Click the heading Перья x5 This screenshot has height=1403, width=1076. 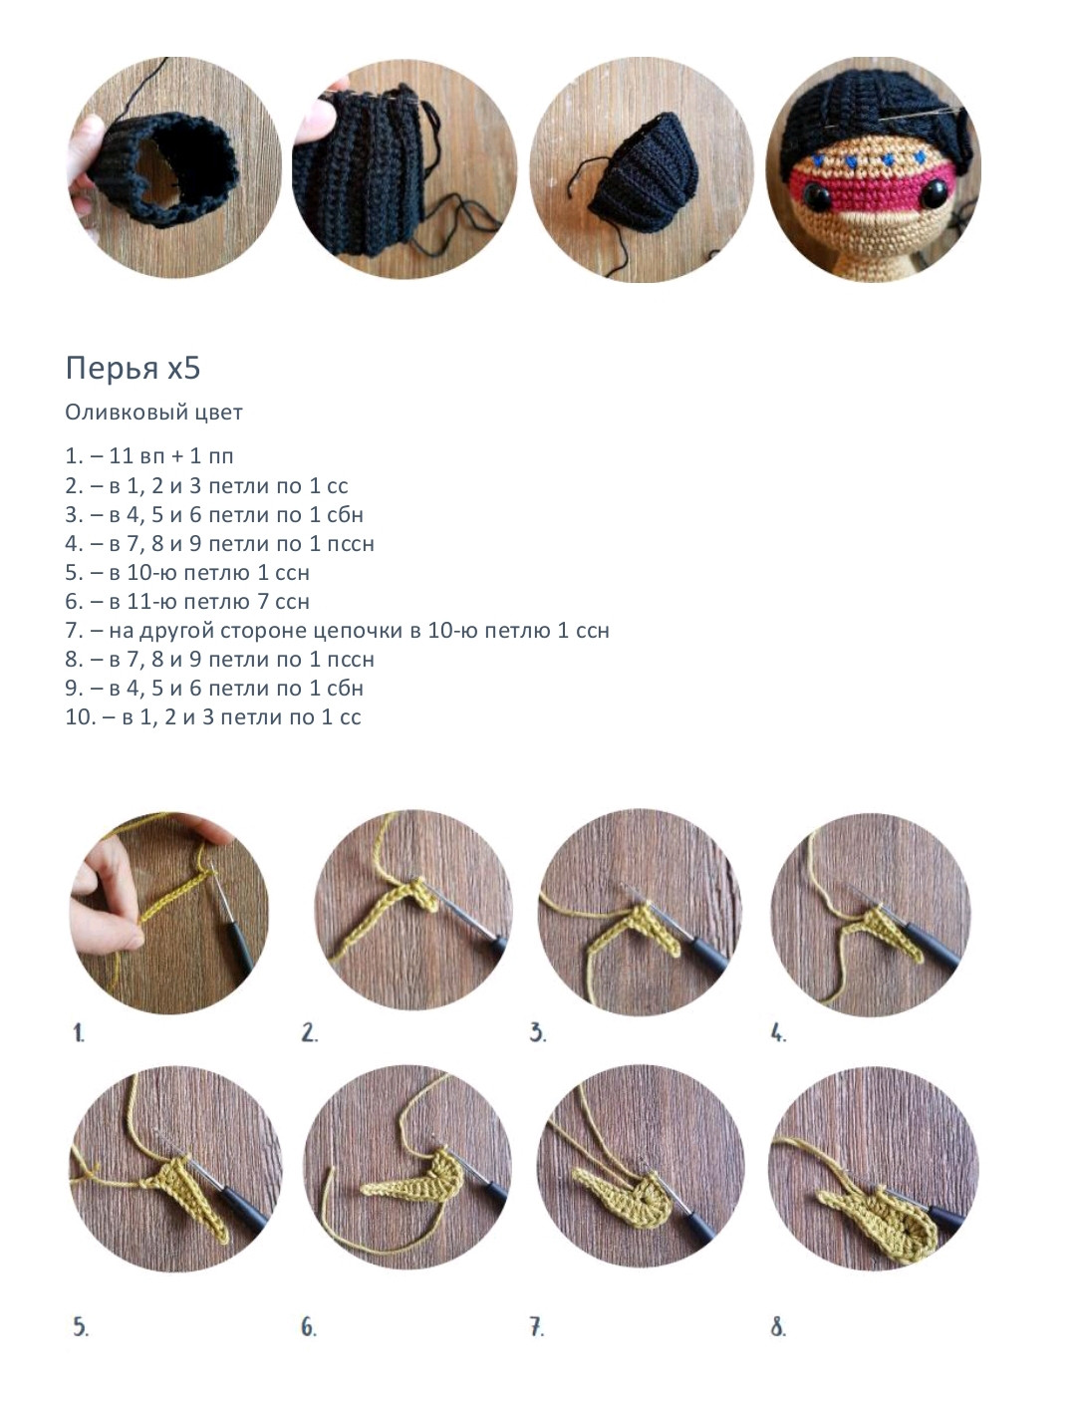coord(133,368)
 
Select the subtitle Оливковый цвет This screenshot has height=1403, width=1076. coord(153,412)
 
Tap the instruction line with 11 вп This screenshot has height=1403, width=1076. coord(149,455)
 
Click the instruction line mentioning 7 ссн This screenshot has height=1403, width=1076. coord(187,601)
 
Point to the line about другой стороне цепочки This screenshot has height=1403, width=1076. coord(337,630)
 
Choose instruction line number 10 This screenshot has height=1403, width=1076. coord(213,716)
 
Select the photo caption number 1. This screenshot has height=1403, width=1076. coord(79,1034)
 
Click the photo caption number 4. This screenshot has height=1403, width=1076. coord(778,1033)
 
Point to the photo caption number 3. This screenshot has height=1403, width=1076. coord(538,1033)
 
